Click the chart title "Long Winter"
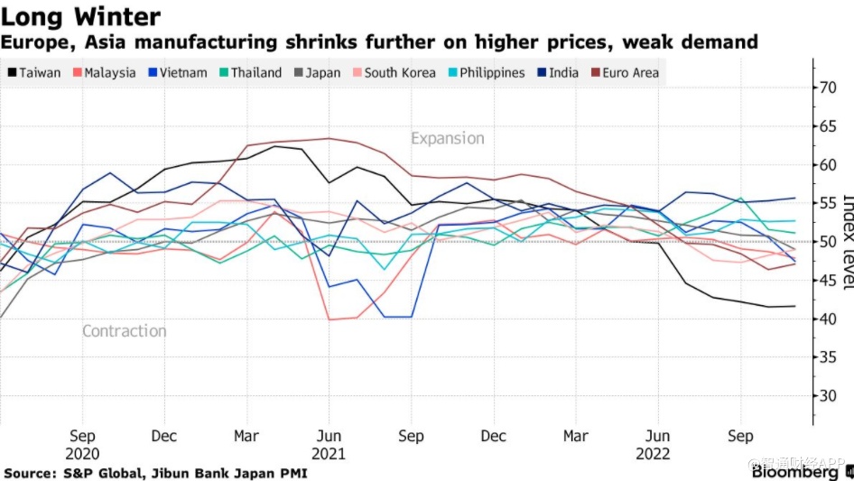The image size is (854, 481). point(82,16)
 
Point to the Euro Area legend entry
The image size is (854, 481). point(626,72)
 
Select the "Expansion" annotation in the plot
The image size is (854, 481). point(448,138)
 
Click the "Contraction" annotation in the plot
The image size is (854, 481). point(125,331)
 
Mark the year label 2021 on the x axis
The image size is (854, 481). point(330,454)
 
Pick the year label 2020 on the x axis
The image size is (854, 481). point(82,454)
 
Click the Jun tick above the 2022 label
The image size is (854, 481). point(658,437)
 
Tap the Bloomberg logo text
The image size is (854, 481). point(795,472)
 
